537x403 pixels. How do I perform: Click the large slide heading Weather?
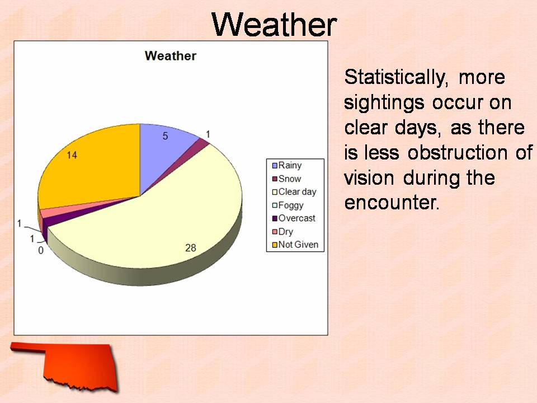tap(274, 24)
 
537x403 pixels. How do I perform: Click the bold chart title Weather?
tap(171, 56)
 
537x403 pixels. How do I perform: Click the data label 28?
tap(191, 248)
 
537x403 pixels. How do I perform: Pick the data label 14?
tap(72, 155)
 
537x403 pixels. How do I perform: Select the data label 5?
tap(165, 136)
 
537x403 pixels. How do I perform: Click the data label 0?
tap(41, 251)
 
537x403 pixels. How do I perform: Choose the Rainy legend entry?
tap(287, 166)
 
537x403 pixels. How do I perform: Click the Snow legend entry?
tap(286, 179)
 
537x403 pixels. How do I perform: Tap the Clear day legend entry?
tap(294, 192)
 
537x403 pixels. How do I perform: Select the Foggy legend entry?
tap(288, 205)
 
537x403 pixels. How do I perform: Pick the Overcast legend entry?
tap(294, 218)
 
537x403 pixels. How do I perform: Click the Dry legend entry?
tap(282, 232)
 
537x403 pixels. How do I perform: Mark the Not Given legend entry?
tap(295, 245)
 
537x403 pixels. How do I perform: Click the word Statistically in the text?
tap(396, 78)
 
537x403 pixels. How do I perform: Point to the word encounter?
tap(392, 203)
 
